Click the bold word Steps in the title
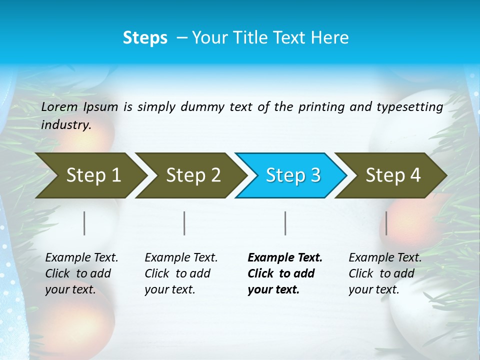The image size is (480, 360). [145, 38]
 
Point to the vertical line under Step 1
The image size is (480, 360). [84, 223]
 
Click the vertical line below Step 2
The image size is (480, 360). [184, 223]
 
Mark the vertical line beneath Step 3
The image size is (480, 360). [285, 223]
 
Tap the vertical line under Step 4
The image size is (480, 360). [386, 223]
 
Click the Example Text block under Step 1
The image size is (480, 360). [81, 273]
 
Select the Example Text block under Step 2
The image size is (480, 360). [181, 273]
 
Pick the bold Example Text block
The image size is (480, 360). [285, 273]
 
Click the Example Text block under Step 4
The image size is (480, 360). [385, 273]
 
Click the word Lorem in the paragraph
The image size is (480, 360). [59, 106]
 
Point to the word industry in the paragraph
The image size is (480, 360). [66, 125]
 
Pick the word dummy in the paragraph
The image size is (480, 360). [202, 106]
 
